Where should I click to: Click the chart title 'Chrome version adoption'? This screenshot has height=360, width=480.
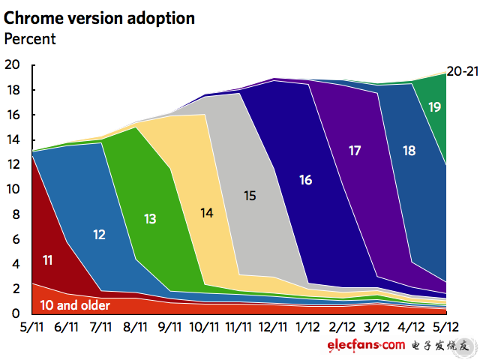[x=100, y=18]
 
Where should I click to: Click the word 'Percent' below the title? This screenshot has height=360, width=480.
[x=30, y=38]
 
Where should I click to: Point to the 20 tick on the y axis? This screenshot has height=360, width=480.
[x=12, y=65]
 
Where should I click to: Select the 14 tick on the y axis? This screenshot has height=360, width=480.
[x=12, y=140]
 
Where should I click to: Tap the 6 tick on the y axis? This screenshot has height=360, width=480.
[x=16, y=239]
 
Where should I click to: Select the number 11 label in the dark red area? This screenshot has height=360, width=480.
[x=46, y=261]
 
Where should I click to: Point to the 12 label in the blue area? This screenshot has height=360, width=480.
[x=99, y=235]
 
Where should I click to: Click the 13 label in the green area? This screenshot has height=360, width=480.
[x=150, y=219]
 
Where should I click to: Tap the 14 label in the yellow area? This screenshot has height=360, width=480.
[x=207, y=212]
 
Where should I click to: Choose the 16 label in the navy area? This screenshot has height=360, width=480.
[x=304, y=180]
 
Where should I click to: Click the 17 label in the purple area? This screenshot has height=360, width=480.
[x=355, y=151]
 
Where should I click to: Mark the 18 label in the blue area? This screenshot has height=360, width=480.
[x=409, y=151]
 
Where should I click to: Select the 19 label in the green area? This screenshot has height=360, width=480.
[x=434, y=107]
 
